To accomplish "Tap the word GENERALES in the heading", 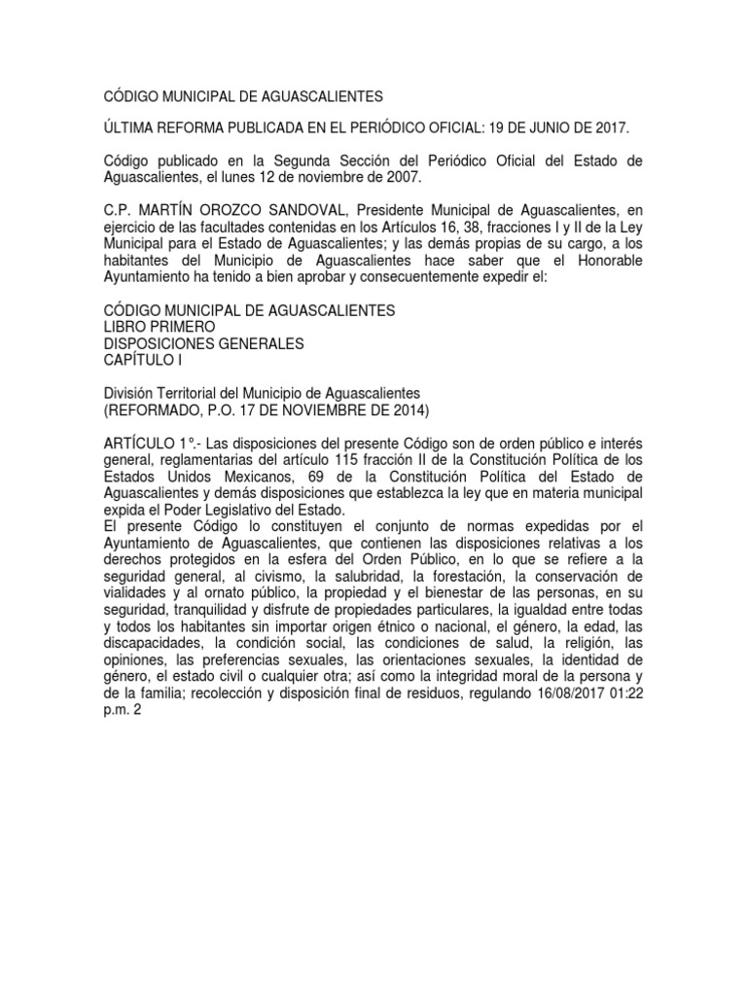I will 259,343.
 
